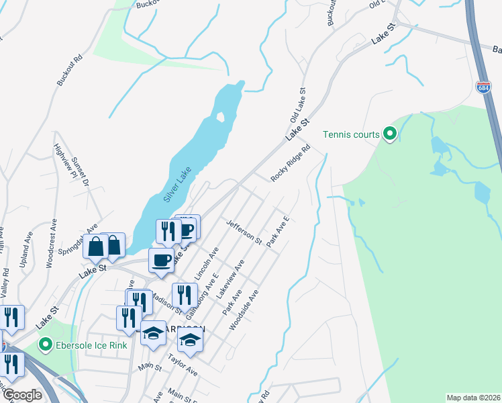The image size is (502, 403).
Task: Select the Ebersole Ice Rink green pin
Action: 46,347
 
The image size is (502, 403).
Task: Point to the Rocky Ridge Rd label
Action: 291,163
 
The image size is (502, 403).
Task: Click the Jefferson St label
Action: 244,232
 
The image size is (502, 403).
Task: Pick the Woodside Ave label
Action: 244,310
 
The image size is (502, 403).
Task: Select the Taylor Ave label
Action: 183,367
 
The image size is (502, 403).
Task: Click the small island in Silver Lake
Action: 220,117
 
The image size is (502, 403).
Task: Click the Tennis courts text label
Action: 352,134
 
